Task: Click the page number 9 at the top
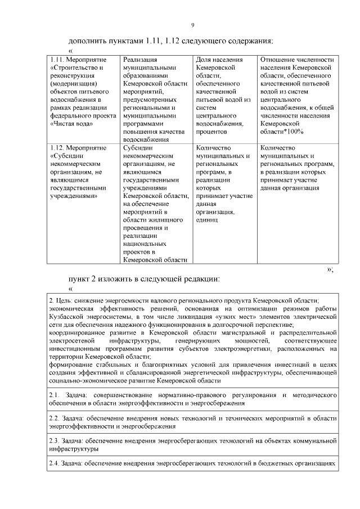[x=192, y=25]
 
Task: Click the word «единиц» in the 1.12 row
[x=207, y=220]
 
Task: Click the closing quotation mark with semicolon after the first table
[x=330, y=269]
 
